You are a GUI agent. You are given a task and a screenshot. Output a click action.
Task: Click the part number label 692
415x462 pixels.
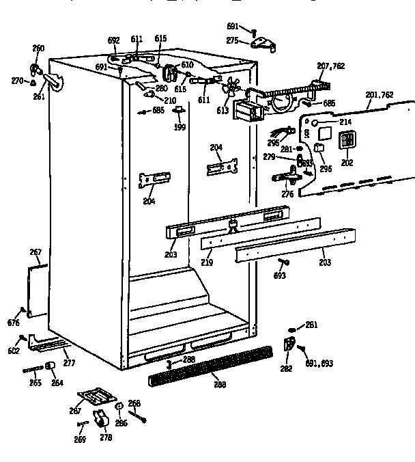coord(114,40)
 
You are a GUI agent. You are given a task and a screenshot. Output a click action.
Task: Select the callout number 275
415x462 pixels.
coord(233,41)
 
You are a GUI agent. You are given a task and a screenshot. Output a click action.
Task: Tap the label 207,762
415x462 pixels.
coord(331,66)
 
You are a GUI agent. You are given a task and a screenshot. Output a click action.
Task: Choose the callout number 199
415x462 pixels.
coord(180,128)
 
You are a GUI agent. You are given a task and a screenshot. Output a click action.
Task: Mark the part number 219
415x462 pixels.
coord(206,262)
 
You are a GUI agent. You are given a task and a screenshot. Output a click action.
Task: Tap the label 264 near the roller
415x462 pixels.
coord(57,383)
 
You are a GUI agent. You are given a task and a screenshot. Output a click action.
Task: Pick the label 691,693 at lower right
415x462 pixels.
coord(319,364)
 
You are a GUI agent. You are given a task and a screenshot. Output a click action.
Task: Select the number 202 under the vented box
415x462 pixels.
coord(347,163)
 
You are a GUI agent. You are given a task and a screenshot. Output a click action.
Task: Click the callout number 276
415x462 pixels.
coord(287,195)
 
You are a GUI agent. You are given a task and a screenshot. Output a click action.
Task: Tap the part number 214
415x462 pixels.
coord(345,122)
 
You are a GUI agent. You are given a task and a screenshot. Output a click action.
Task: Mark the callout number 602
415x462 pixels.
coord(13,352)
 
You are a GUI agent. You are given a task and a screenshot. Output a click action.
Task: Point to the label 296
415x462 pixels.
coord(326,169)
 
